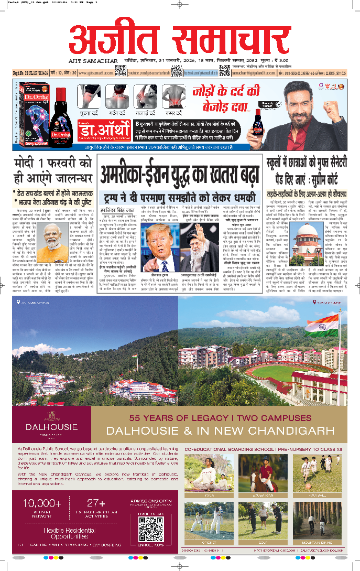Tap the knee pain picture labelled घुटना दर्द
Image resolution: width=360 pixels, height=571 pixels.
tap(90, 96)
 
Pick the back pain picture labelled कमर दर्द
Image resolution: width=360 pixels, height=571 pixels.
tap(172, 96)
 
